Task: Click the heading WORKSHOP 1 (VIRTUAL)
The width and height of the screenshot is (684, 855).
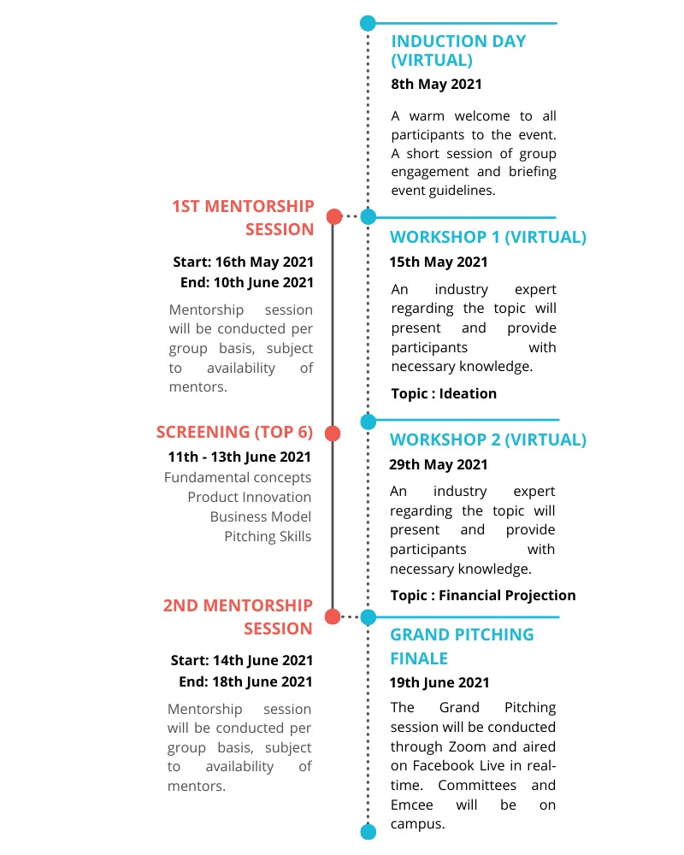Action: click(487, 238)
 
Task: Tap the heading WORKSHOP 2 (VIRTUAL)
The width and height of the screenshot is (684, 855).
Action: click(487, 440)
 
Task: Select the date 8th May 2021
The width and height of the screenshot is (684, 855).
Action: click(436, 84)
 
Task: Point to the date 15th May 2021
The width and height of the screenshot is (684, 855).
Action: click(439, 262)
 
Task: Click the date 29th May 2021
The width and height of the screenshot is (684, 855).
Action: click(439, 464)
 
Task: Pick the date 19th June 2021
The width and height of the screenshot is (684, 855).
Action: click(439, 682)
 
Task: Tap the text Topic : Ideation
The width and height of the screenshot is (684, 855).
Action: click(444, 393)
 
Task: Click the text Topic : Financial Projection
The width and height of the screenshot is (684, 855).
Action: click(483, 595)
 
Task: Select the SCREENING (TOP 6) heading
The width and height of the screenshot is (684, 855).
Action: click(234, 432)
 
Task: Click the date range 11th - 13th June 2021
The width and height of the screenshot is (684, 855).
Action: click(239, 457)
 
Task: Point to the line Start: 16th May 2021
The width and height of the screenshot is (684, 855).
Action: click(243, 262)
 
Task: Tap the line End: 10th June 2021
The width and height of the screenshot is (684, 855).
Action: click(246, 282)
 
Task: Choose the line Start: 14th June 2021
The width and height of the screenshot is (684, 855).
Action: click(242, 660)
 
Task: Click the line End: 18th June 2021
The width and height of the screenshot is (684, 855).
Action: click(245, 681)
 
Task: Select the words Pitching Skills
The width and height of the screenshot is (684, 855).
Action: click(268, 537)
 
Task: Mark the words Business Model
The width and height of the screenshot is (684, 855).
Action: click(261, 516)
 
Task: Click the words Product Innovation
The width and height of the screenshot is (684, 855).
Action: click(250, 497)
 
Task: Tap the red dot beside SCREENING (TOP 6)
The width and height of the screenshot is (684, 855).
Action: click(333, 433)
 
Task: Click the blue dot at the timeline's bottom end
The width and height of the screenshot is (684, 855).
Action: click(368, 831)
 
